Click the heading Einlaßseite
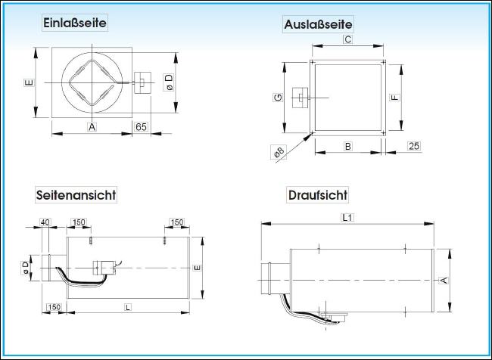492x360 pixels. [75, 23]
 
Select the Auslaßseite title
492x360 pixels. [318, 24]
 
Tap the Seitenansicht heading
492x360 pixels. [76, 194]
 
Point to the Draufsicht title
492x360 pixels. [318, 194]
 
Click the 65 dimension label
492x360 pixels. [142, 127]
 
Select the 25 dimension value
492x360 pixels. [414, 146]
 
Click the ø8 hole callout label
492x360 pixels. [279, 152]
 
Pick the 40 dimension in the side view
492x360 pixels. [45, 222]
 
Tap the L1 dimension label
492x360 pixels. [347, 217]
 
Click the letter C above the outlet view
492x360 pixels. [347, 39]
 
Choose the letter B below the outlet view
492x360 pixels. [348, 146]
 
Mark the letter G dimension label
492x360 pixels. [278, 98]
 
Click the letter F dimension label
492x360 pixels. [395, 98]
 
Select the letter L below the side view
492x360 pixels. [128, 307]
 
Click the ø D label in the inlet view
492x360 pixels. [169, 82]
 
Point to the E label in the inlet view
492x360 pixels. [29, 82]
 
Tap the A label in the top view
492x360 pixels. [444, 280]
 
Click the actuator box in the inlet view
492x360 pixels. [142, 82]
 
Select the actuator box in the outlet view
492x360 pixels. [300, 98]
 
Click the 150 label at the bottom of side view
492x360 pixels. [54, 307]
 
